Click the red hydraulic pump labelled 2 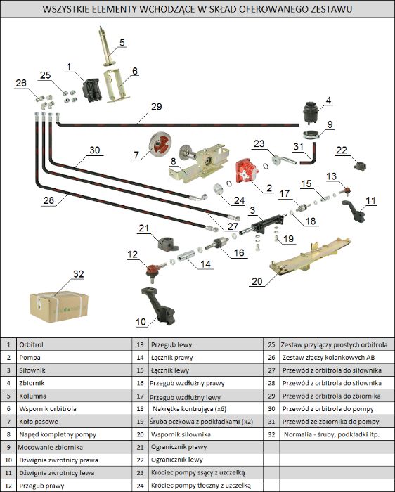247,171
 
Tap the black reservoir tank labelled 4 311,112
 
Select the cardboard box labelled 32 58,306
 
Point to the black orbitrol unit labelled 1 91,90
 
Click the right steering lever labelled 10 158,306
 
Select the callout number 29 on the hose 156,107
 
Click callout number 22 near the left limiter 342,150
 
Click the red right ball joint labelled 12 155,271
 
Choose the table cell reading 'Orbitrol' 31,344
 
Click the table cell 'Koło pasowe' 39,422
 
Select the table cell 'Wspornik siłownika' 181,434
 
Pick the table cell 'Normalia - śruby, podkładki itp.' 332,434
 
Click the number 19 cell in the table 140,422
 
